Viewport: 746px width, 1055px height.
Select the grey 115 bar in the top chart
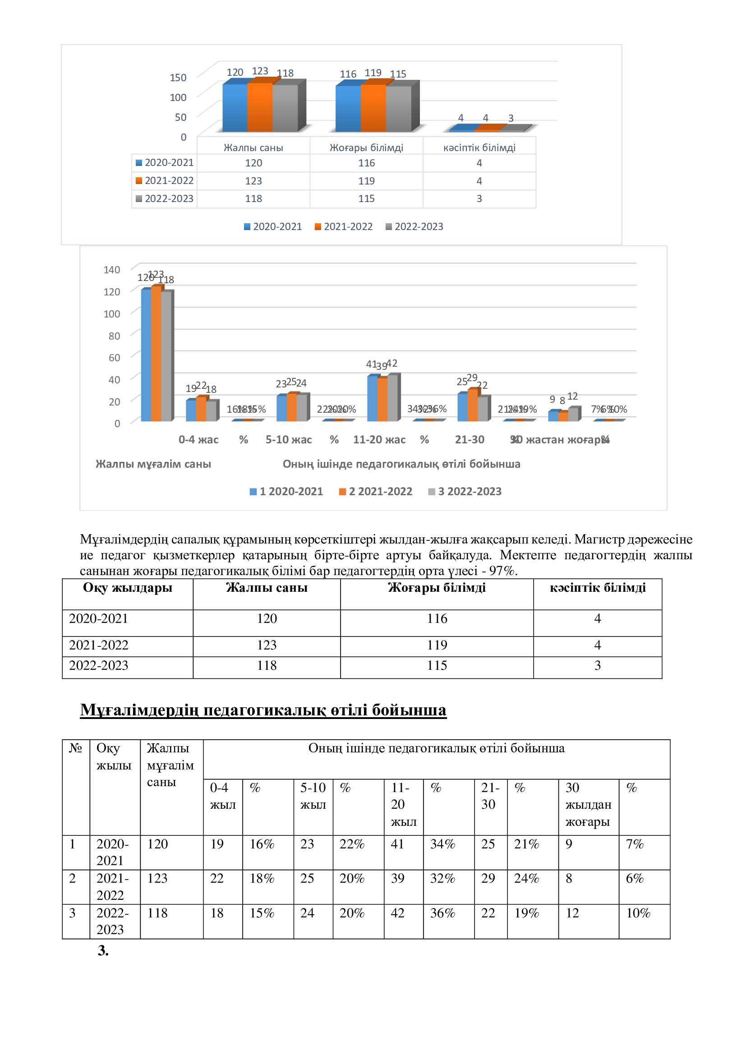coord(398,109)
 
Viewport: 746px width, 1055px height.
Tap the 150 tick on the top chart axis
coord(178,78)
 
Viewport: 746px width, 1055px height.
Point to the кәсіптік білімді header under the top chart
coord(479,147)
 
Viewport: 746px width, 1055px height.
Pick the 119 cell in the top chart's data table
coord(366,180)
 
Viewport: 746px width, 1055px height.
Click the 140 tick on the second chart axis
coord(111,270)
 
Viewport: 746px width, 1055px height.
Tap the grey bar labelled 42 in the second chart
coord(392,398)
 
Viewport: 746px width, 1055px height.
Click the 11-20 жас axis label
coord(379,440)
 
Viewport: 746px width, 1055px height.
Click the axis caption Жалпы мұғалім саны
coord(153,464)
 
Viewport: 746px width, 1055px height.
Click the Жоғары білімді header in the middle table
coord(437,588)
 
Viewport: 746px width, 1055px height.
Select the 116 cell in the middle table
coord(437,618)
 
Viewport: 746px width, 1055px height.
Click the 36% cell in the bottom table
coord(442,913)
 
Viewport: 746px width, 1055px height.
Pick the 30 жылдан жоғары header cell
coord(588,805)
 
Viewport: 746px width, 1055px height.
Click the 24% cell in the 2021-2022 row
coord(526,879)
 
